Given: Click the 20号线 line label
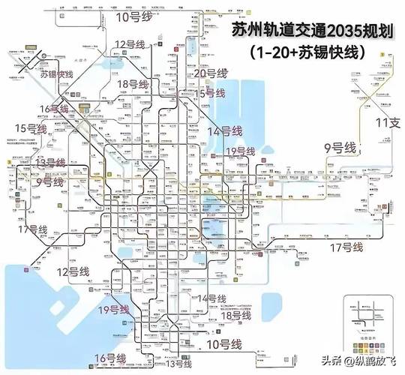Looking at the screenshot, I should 210,73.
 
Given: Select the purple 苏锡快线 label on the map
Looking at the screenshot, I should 56,74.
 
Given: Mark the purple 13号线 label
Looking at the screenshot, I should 50,163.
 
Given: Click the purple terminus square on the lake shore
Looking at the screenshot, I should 27,268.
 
